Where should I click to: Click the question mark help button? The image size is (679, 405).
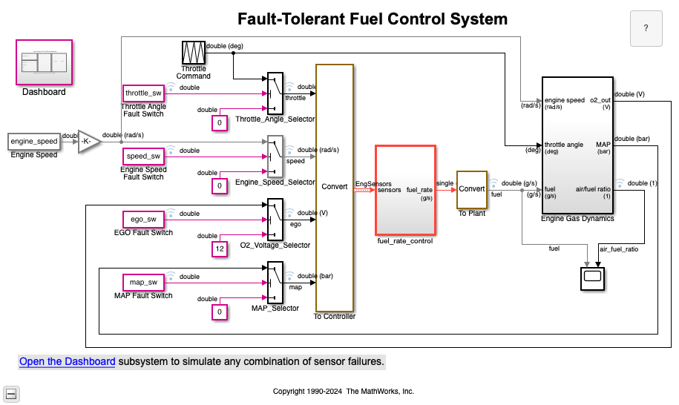coord(646,28)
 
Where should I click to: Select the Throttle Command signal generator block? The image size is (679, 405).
coord(193,53)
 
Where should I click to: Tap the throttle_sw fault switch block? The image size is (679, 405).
coord(143,93)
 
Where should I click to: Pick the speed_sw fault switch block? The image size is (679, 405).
coord(143,157)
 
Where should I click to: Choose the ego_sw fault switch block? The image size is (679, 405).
coord(143,219)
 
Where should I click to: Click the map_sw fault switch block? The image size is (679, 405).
coord(143,282)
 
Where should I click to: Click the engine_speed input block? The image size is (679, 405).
coord(33,141)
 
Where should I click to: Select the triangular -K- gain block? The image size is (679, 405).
coord(89,141)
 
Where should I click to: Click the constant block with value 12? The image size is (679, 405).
coord(220,249)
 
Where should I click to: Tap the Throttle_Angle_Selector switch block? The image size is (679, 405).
coord(275,93)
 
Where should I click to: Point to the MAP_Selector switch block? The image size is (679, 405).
coord(275,282)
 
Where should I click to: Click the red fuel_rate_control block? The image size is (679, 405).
coord(405,190)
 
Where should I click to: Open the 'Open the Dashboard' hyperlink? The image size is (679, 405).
coord(67,362)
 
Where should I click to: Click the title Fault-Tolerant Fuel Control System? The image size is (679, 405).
coord(373,19)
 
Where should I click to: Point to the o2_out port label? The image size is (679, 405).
coord(600,99)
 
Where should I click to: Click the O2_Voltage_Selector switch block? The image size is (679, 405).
coord(275,219)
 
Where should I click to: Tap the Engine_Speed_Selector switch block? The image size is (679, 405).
coord(275,156)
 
